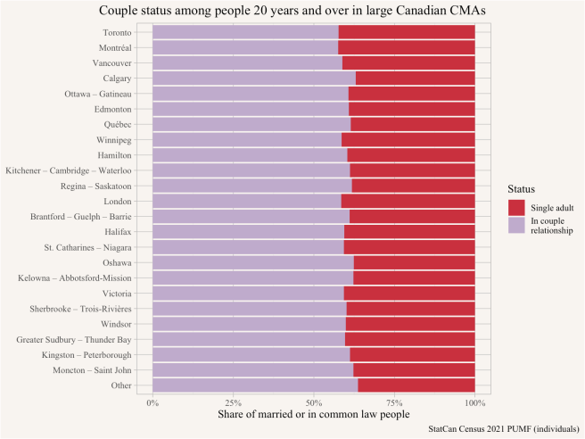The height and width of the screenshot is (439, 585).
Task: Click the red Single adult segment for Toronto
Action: (407, 32)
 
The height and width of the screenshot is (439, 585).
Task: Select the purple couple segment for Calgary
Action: (254, 79)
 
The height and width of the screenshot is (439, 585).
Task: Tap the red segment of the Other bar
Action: (416, 385)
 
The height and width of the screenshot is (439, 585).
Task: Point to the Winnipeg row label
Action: (112, 140)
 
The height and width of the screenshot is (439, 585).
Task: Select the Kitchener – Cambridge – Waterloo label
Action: (69, 170)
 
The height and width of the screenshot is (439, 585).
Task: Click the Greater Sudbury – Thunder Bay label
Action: (74, 339)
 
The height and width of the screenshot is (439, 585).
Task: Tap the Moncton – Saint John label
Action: (87, 369)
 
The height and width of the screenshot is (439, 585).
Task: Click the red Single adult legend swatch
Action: (517, 208)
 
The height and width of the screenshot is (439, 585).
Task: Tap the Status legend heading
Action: (522, 189)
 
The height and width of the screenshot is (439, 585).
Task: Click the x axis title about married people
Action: (314, 415)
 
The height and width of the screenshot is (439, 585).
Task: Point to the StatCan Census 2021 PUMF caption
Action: (503, 430)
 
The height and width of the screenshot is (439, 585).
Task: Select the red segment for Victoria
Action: (409, 293)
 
